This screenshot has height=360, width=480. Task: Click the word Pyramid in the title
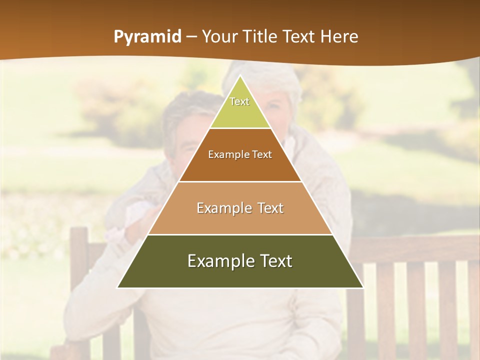147,37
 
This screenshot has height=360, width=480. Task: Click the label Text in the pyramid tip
239,101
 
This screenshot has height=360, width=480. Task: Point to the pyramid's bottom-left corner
117,287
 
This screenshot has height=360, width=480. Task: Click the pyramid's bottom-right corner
363,287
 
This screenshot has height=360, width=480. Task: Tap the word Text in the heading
298,37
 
